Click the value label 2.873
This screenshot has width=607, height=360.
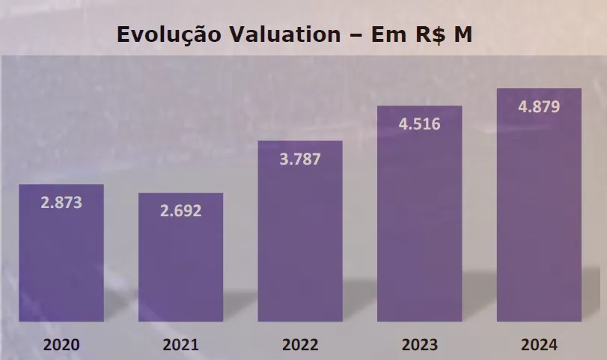(x=61, y=202)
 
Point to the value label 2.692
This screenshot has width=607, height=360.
(x=180, y=210)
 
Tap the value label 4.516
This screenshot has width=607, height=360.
(x=419, y=123)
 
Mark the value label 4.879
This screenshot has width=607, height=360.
(x=539, y=106)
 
